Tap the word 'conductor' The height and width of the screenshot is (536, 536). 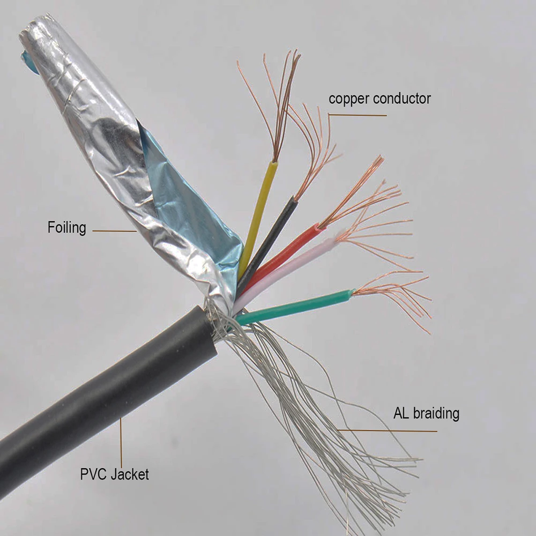pyautogui.click(x=402, y=99)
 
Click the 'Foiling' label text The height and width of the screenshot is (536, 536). pyautogui.click(x=66, y=228)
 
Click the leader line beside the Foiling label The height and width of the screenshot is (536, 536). pyautogui.click(x=114, y=231)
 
